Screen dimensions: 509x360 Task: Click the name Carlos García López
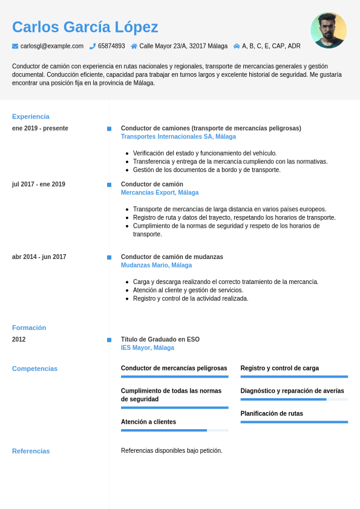[85, 27]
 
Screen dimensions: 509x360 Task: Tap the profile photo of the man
[329, 30]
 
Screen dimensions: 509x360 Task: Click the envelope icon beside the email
[15, 46]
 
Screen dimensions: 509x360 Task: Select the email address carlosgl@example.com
[52, 46]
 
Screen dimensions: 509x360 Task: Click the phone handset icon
[93, 46]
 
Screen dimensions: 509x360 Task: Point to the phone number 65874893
[111, 46]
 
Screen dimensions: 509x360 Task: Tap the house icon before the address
[134, 46]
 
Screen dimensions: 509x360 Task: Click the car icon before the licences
[237, 46]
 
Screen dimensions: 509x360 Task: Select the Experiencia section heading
[31, 116]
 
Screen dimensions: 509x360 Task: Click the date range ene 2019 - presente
[40, 128]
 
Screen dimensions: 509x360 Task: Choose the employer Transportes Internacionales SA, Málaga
[178, 137]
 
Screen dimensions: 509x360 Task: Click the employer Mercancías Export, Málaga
[160, 192]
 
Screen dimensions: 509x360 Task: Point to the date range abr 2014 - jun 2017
[39, 257]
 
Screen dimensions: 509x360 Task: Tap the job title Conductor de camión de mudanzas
[172, 257]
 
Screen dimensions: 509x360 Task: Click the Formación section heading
[29, 327]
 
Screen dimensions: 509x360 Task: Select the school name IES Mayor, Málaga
[148, 348]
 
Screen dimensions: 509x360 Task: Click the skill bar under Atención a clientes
[174, 430]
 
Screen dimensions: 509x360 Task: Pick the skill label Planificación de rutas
[272, 413]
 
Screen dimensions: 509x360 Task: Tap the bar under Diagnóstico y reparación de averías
[294, 399]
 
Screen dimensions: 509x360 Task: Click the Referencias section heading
[31, 451]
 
